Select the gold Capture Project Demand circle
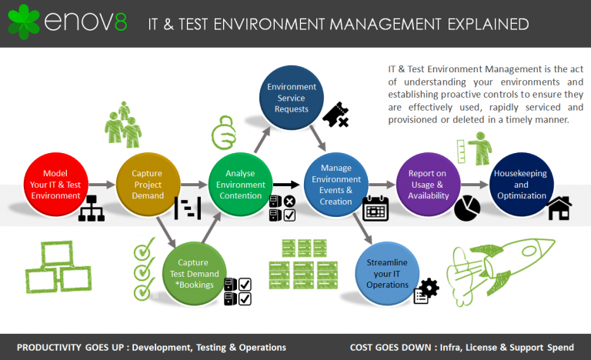[148, 185]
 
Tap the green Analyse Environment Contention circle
[240, 185]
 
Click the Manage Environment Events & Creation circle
[336, 185]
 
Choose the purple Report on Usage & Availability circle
[428, 185]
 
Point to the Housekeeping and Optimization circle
[521, 185]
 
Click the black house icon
[559, 208]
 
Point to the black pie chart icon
[466, 208]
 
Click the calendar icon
[376, 208]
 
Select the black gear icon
[428, 288]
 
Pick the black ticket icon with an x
[336, 115]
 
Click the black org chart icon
[91, 208]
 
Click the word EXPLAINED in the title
[484, 24]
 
